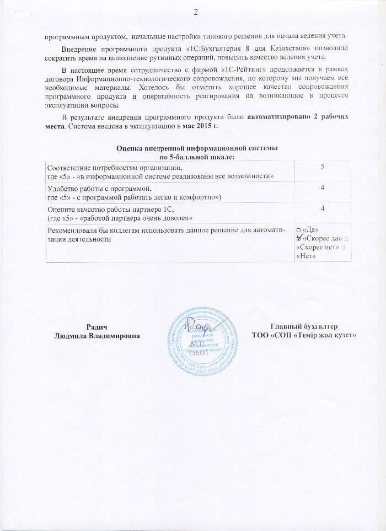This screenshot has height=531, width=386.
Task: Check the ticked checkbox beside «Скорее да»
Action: [x=299, y=238]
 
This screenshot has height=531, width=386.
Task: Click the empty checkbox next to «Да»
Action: [x=298, y=229]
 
